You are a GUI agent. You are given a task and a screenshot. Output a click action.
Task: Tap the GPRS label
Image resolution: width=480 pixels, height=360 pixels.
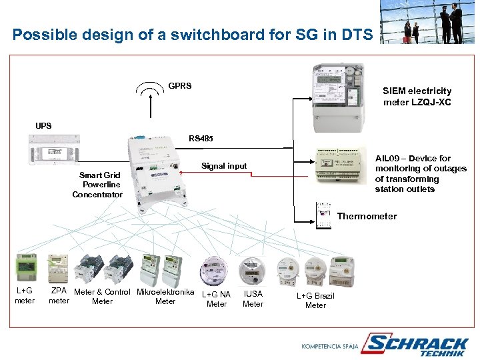(180, 86)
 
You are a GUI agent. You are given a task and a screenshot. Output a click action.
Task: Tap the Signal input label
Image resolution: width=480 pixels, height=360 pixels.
(224, 166)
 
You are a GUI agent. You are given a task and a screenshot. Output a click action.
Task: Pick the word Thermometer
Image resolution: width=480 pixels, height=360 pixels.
(367, 216)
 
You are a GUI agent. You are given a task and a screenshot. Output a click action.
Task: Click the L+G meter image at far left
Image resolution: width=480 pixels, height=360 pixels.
(26, 270)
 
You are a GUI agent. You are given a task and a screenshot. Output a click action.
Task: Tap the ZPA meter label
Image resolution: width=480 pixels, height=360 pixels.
(59, 296)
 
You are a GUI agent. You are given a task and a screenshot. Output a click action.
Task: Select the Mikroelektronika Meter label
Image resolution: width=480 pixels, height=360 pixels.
(165, 297)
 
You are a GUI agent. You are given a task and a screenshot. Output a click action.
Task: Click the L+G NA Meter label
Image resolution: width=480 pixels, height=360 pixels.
(217, 299)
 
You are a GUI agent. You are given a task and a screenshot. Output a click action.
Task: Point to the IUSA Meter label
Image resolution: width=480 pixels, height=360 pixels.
(253, 299)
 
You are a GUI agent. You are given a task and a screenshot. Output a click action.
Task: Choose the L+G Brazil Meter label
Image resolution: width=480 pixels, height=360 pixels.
(315, 300)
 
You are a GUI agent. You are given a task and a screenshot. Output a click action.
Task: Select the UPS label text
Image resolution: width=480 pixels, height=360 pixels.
(43, 125)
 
